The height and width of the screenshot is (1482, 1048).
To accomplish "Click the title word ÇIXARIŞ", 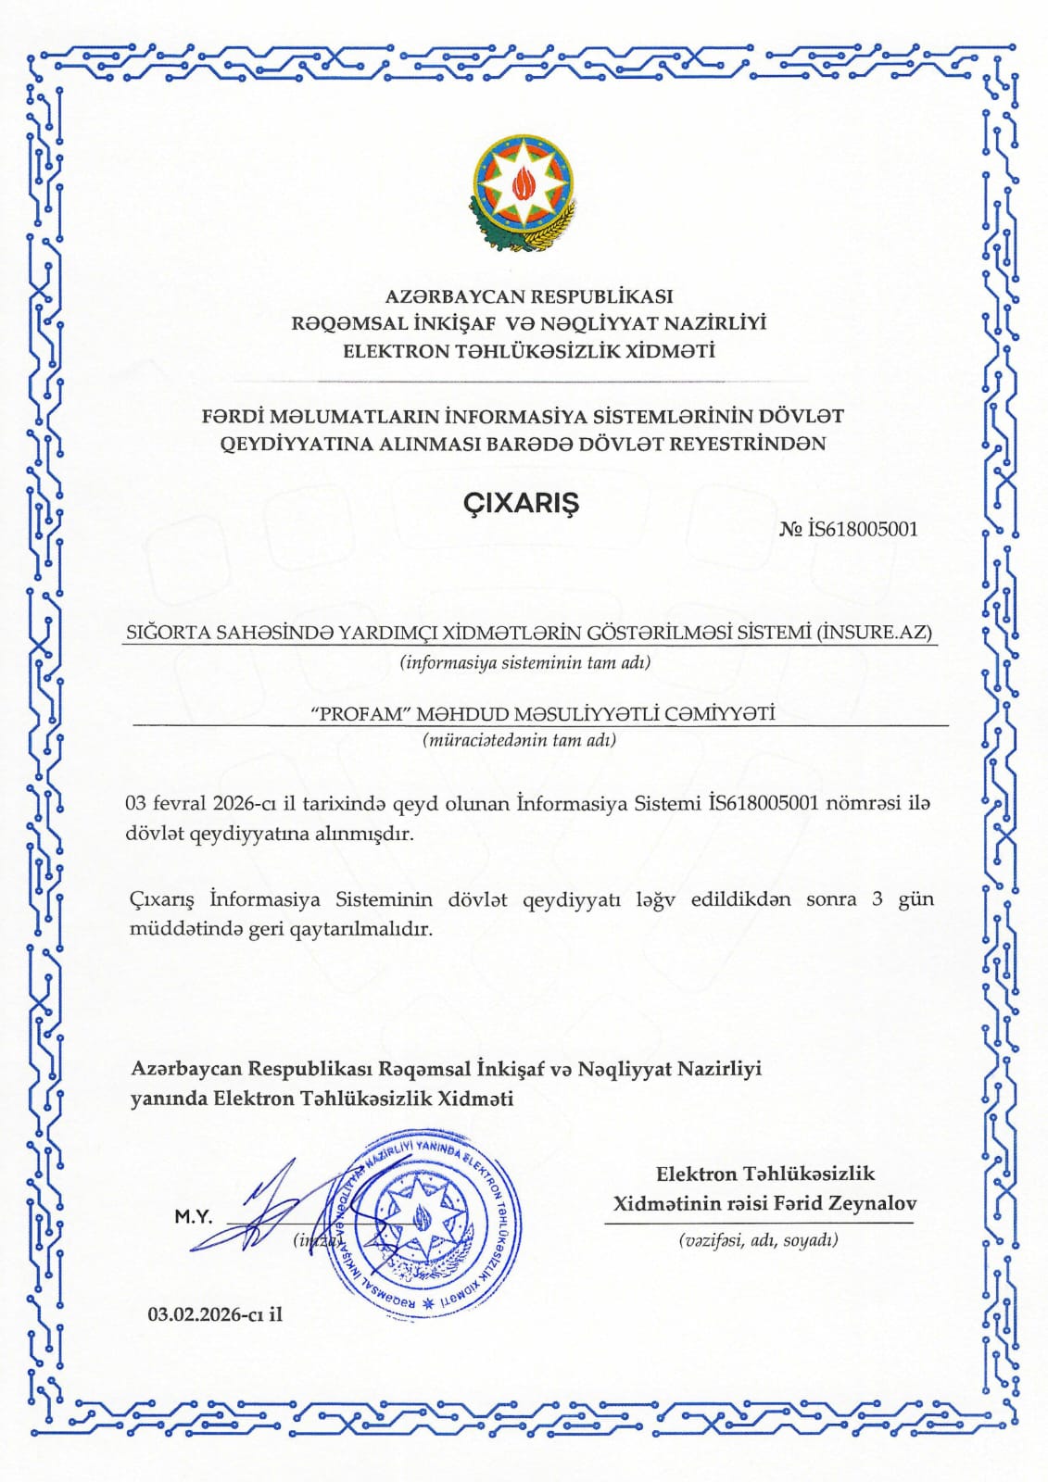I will coord(521,503).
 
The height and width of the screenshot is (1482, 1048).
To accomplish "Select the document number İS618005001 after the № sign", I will coord(863,529).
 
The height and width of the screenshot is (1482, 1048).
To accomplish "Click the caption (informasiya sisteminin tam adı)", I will coord(524,662).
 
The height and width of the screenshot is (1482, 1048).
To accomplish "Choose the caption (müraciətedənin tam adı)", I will coord(519,740).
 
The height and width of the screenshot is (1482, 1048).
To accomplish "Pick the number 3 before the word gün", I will coord(877,898).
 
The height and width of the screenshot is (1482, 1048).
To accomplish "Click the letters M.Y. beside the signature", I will coord(194,1217).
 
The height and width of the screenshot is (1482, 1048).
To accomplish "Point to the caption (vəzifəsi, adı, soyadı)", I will coord(758,1239).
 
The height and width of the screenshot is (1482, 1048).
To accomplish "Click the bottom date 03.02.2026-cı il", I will coord(215,1314).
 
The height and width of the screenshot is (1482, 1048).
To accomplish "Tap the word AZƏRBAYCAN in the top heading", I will coord(453,296).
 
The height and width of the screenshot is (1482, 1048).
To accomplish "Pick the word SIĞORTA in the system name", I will coord(168,633).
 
